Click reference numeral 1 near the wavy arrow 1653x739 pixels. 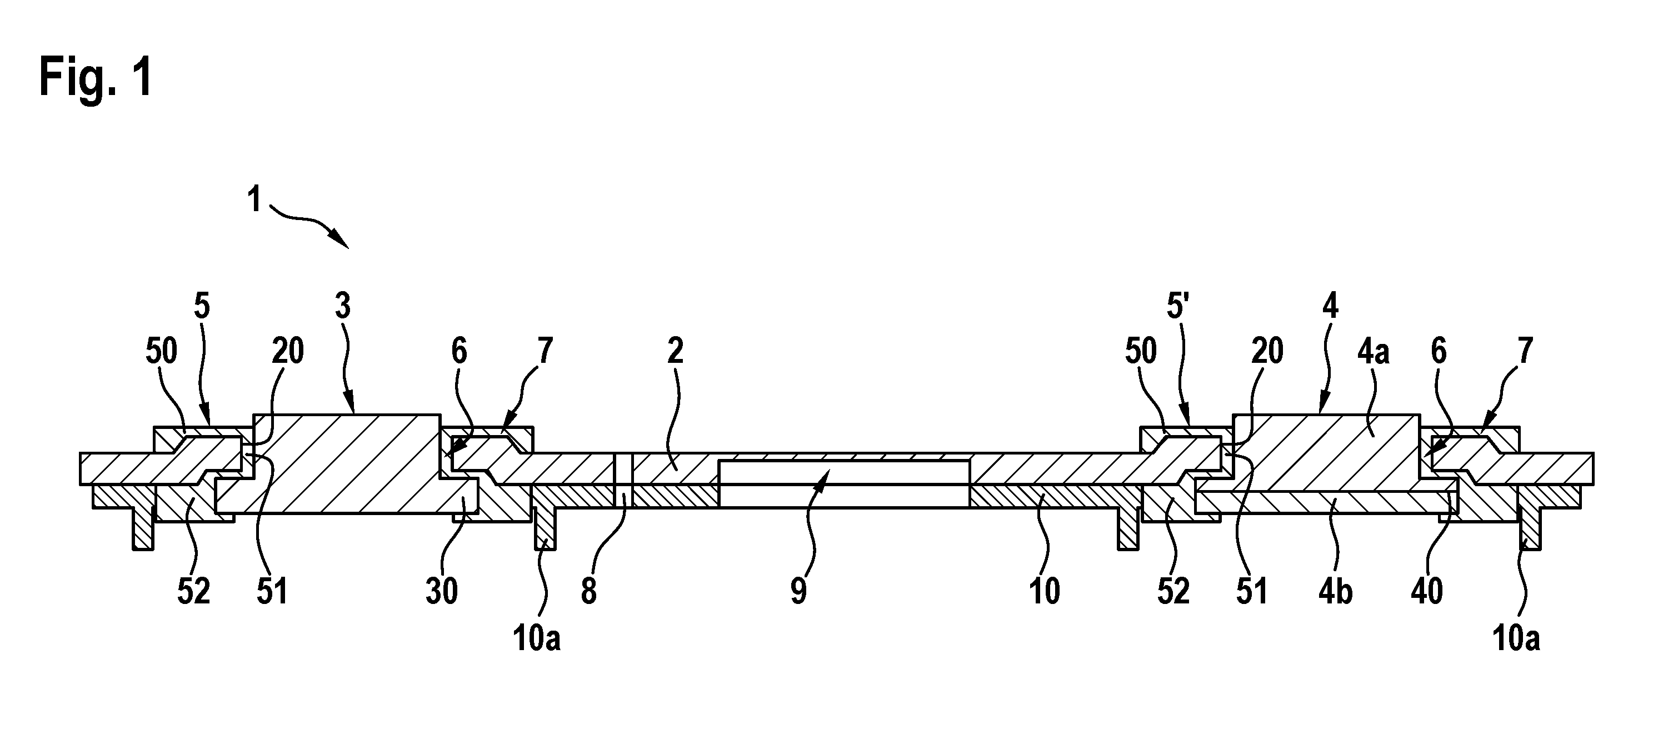[254, 199]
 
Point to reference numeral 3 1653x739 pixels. [343, 306]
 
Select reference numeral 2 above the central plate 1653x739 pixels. [675, 351]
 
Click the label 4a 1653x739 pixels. [1372, 351]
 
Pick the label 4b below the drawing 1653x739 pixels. [1335, 591]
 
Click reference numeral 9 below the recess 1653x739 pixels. [798, 591]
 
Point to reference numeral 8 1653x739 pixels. [588, 591]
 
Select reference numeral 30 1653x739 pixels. [442, 591]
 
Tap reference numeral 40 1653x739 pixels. [1426, 591]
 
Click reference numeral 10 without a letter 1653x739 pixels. [1044, 591]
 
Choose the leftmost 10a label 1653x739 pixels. [536, 639]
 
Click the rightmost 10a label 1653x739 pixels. [1516, 639]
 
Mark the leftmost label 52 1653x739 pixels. [194, 591]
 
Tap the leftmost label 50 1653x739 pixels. [161, 351]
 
